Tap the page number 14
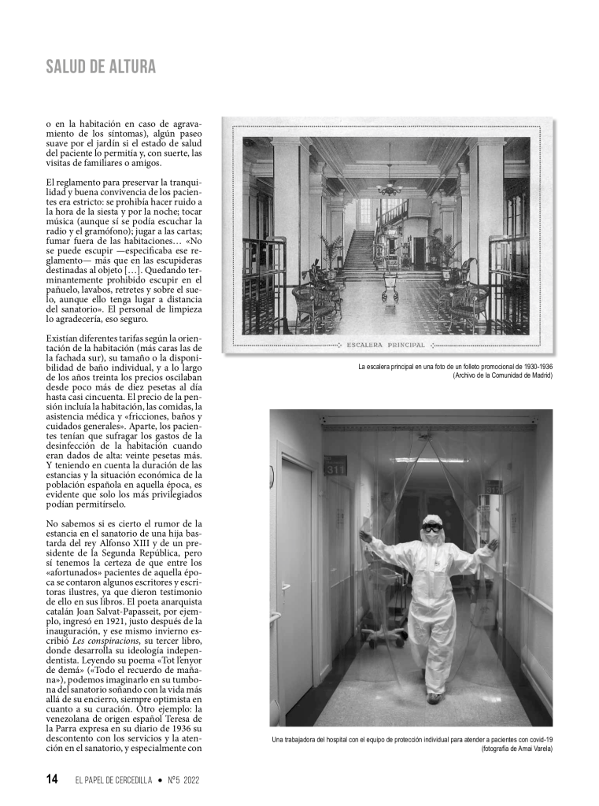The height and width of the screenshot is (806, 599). tap(52, 779)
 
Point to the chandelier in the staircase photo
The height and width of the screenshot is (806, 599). tap(389, 186)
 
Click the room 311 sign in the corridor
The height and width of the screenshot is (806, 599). tap(334, 467)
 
